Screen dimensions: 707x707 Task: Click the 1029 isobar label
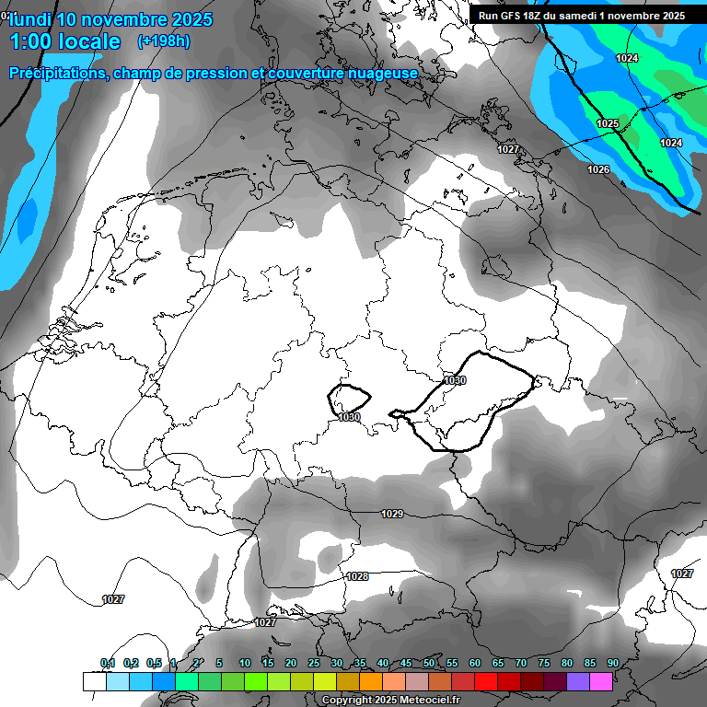(x=392, y=514)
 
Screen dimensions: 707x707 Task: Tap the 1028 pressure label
(x=357, y=577)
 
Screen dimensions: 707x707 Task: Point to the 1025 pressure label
(x=608, y=123)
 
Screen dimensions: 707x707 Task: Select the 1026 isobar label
(x=598, y=169)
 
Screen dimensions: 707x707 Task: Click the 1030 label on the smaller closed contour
(x=349, y=417)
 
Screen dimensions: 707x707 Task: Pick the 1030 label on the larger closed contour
(x=455, y=380)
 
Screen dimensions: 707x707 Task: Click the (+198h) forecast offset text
(x=164, y=41)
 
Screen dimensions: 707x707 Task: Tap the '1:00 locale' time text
(x=64, y=41)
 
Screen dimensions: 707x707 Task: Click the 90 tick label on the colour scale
(x=612, y=664)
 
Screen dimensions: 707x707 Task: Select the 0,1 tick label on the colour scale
(x=108, y=664)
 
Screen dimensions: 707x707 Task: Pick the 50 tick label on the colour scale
(x=429, y=664)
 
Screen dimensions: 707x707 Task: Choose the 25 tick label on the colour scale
(x=314, y=664)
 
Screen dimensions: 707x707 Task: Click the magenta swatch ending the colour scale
(x=600, y=681)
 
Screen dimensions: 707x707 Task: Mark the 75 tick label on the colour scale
(x=543, y=664)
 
